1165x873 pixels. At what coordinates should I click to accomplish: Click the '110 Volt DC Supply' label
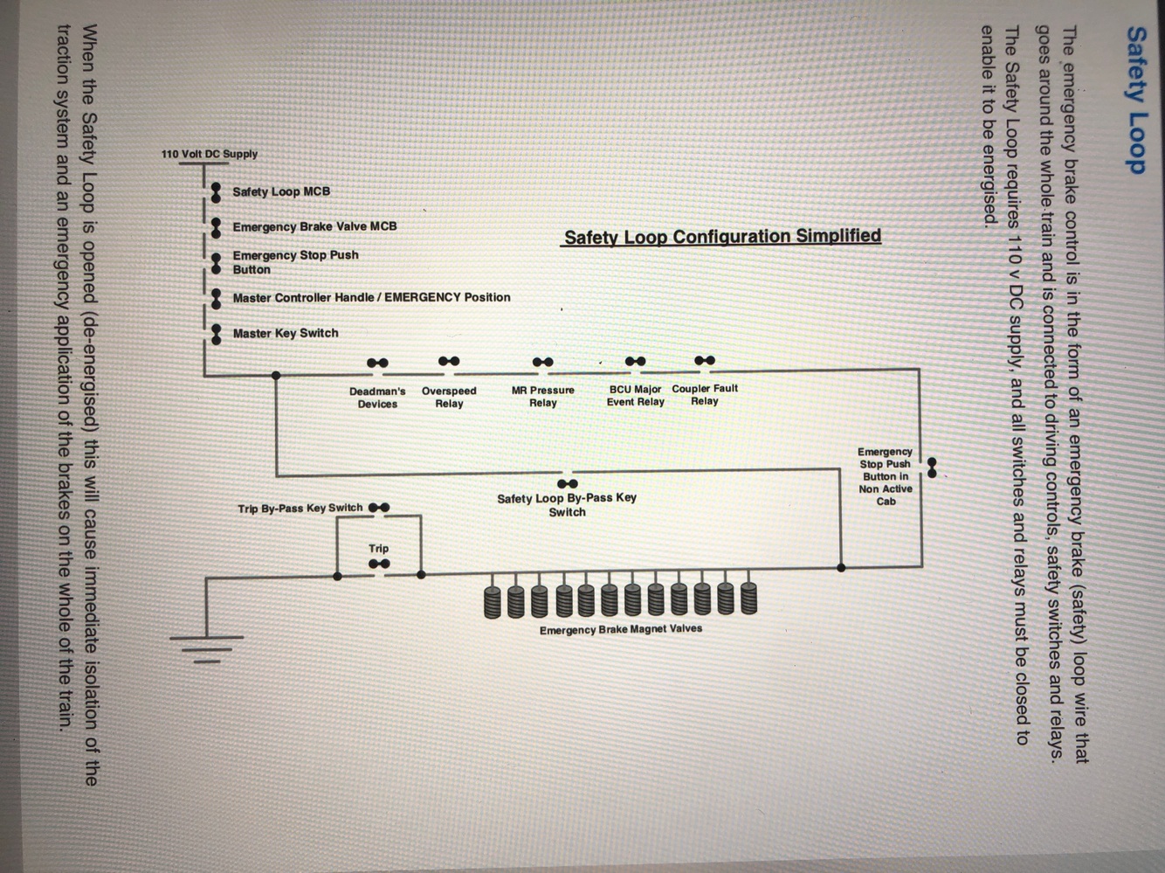click(x=210, y=154)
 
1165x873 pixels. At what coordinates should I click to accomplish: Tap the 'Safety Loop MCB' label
click(x=281, y=191)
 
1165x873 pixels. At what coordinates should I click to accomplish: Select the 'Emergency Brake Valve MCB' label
click(x=314, y=226)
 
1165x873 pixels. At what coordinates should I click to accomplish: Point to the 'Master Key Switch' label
click(x=285, y=333)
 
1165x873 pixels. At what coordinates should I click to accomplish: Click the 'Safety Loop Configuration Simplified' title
click(x=722, y=237)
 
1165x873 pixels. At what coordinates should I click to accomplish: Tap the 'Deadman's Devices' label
click(x=377, y=398)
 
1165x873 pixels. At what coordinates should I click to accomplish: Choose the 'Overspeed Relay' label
click(x=449, y=397)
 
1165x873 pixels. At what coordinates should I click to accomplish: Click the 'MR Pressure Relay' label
click(x=542, y=397)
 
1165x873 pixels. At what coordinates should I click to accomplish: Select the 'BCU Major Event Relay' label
click(x=635, y=395)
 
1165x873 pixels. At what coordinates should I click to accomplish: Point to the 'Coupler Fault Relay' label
click(x=704, y=394)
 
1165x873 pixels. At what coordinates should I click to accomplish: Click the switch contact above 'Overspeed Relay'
click(x=449, y=361)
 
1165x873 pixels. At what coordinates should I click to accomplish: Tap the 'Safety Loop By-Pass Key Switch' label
click(x=567, y=504)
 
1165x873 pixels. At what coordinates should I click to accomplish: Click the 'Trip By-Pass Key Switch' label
click(x=300, y=508)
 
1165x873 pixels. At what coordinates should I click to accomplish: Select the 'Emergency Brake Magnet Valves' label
click(x=620, y=629)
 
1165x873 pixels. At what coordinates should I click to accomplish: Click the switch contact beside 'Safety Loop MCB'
click(x=215, y=192)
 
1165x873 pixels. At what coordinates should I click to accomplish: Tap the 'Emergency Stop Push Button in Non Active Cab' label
click(x=885, y=476)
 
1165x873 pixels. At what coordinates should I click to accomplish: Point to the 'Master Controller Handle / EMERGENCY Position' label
click(x=371, y=297)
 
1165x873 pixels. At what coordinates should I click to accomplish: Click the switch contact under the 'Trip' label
click(x=379, y=565)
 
